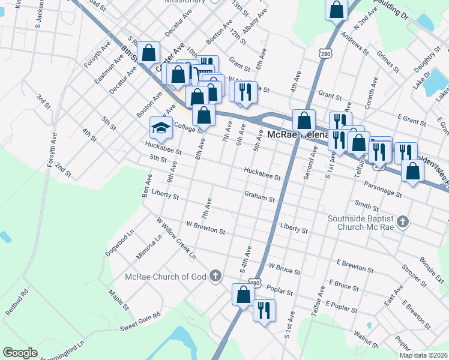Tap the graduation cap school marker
(x=161, y=127)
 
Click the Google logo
(x=20, y=353)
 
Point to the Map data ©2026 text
(x=423, y=355)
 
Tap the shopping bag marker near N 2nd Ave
(x=337, y=10)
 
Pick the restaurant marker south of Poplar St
(x=264, y=310)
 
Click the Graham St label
(x=259, y=196)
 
